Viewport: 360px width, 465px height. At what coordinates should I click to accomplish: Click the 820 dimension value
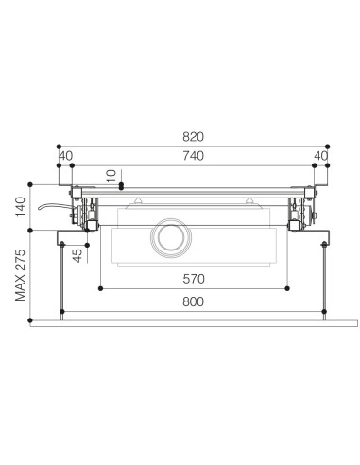pos(193,137)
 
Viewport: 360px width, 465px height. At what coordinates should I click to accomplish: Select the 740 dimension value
pos(193,156)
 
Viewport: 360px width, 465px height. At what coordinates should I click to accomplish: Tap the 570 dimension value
pos(193,279)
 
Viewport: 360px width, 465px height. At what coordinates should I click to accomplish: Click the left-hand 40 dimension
pos(65,156)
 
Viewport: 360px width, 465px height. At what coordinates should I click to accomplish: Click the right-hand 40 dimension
pos(321,156)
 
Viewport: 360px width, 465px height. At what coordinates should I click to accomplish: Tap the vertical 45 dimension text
pos(78,253)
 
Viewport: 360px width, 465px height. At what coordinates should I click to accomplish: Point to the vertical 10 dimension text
pos(111,176)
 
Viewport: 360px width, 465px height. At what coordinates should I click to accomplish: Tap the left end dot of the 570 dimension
pos(101,287)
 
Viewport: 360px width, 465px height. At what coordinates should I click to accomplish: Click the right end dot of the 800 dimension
pos(325,312)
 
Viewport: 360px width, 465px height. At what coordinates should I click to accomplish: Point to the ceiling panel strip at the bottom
pos(193,328)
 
